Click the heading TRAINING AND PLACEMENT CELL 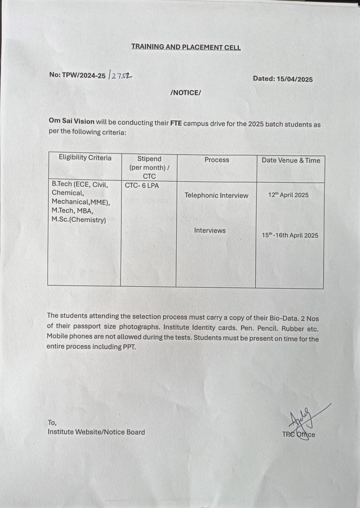pyautogui.click(x=186, y=47)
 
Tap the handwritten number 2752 pyautogui.click(x=121, y=75)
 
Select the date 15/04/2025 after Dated pyautogui.click(x=295, y=79)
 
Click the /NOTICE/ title pyautogui.click(x=186, y=93)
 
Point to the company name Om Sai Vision pyautogui.click(x=72, y=121)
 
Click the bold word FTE pyautogui.click(x=176, y=123)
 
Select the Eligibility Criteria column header pyautogui.click(x=85, y=158)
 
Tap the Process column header pyautogui.click(x=217, y=160)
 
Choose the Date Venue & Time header pyautogui.click(x=291, y=160)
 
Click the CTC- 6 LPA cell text pyautogui.click(x=142, y=186)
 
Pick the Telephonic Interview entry pyautogui.click(x=216, y=195)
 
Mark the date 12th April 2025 pyautogui.click(x=288, y=195)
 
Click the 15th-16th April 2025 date pyautogui.click(x=290, y=236)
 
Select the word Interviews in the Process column pyautogui.click(x=210, y=230)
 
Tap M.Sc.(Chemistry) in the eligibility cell pyautogui.click(x=79, y=220)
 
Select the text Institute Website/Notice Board pyautogui.click(x=96, y=432)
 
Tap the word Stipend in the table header pyautogui.click(x=149, y=159)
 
